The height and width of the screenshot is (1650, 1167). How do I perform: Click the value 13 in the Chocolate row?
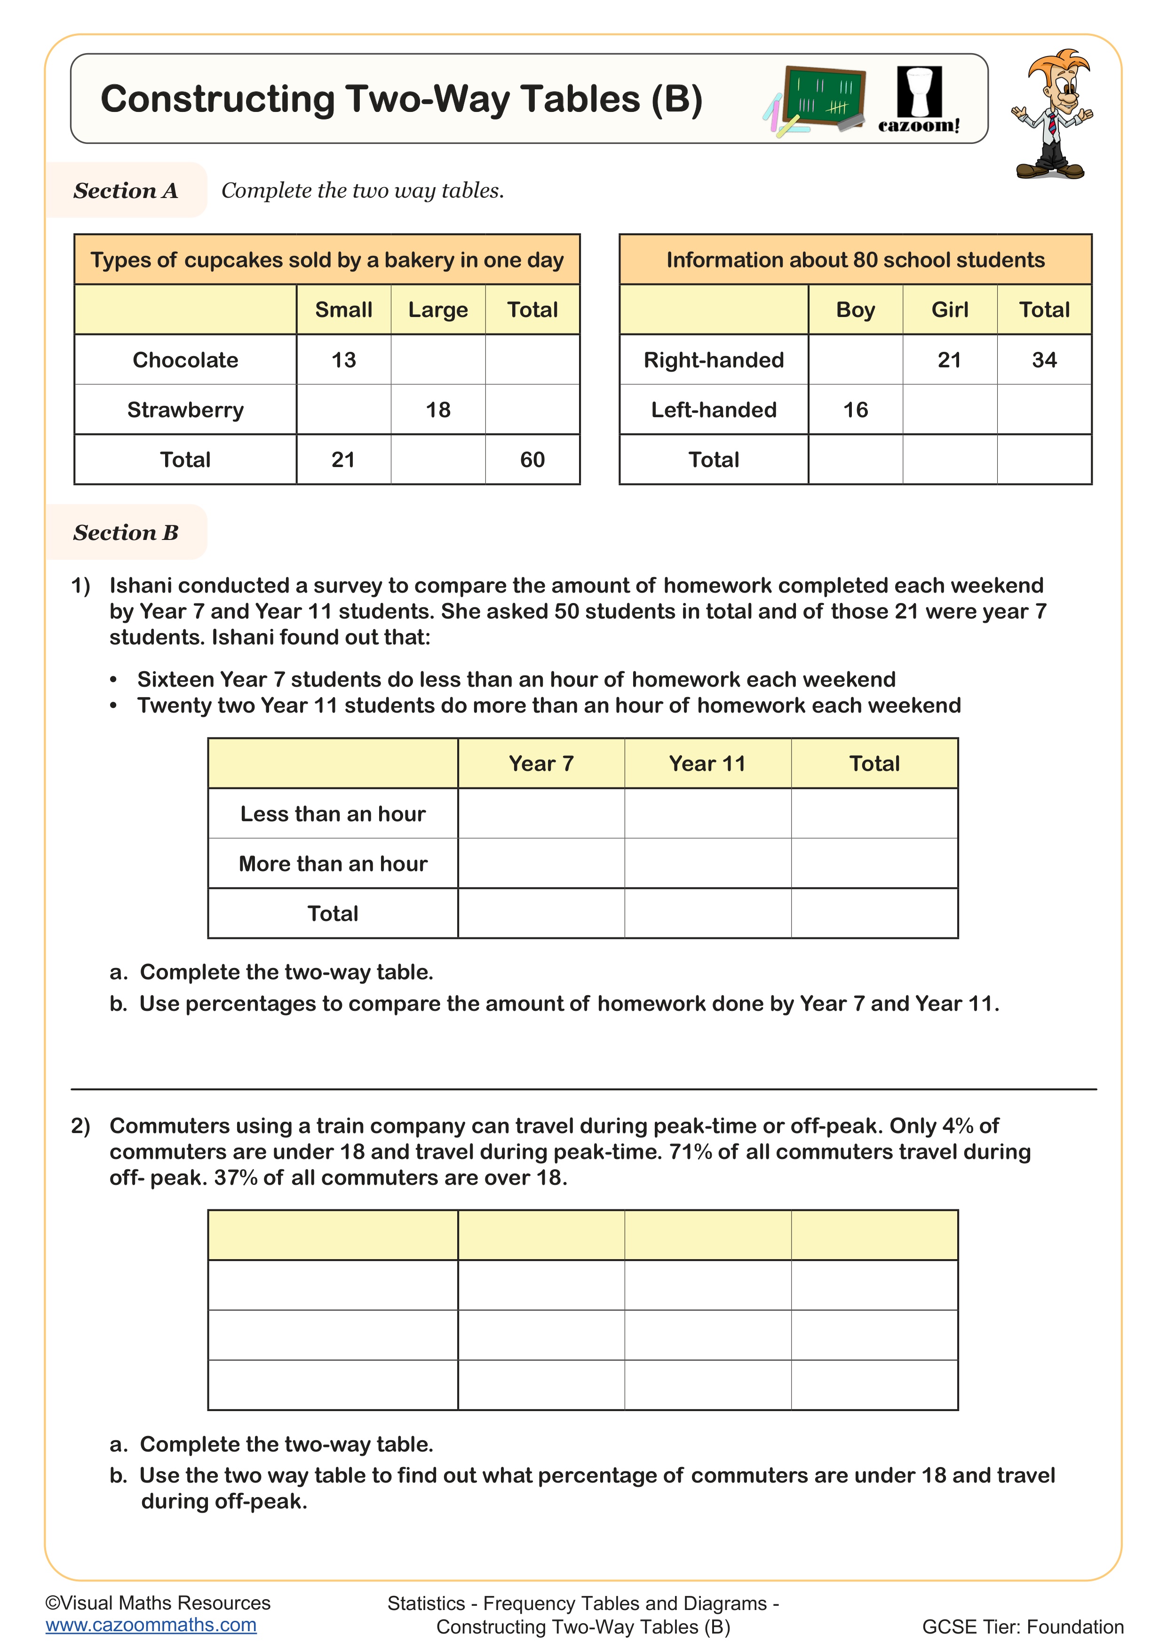pyautogui.click(x=343, y=360)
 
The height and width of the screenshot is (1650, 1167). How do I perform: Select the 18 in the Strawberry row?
pyautogui.click(x=437, y=410)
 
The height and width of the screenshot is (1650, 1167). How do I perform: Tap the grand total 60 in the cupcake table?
pyautogui.click(x=532, y=460)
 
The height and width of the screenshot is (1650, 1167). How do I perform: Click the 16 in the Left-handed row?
pyautogui.click(x=855, y=410)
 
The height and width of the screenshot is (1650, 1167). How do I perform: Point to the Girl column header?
pyautogui.click(x=949, y=310)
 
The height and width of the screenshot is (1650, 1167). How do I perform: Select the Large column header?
pyautogui.click(x=437, y=310)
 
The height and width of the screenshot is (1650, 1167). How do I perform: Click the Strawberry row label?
pyautogui.click(x=185, y=410)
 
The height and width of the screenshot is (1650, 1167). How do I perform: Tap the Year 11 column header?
pyautogui.click(x=707, y=763)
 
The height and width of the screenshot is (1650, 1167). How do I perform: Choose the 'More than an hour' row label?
pyautogui.click(x=333, y=863)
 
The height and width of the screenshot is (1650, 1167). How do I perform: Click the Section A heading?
pyautogui.click(x=126, y=190)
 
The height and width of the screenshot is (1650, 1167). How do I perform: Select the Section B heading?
pyautogui.click(x=126, y=532)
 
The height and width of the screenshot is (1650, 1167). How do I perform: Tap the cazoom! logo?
pyautogui.click(x=918, y=101)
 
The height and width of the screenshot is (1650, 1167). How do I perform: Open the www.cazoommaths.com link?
pyautogui.click(x=151, y=1625)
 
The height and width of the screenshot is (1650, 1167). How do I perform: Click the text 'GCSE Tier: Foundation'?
pyautogui.click(x=1022, y=1627)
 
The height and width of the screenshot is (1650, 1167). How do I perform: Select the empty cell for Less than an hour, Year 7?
pyautogui.click(x=540, y=814)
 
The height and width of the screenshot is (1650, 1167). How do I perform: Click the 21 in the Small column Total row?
pyautogui.click(x=343, y=460)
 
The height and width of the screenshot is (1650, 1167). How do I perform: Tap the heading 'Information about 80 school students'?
pyautogui.click(x=855, y=260)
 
